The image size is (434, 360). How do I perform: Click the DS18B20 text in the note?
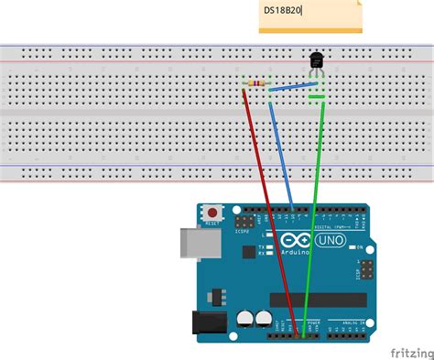(283, 10)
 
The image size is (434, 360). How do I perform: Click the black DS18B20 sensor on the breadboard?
(316, 60)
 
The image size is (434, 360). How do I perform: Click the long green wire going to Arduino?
(310, 211)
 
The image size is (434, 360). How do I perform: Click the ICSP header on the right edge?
(364, 271)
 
